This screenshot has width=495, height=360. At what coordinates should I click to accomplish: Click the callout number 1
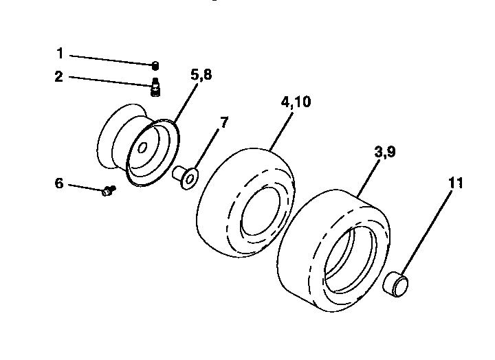[60, 53]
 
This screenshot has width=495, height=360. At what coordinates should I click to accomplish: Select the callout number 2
[60, 76]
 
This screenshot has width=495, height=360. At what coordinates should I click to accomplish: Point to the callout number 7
[223, 123]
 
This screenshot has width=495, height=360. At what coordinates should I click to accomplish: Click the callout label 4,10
[296, 102]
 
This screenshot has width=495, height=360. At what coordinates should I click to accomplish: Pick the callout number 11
[455, 183]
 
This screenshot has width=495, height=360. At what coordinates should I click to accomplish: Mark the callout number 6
[59, 183]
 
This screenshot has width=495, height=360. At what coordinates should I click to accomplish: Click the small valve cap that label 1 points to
[155, 66]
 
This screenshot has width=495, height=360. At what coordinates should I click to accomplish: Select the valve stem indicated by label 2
[155, 89]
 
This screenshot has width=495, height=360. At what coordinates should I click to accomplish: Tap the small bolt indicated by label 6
[108, 192]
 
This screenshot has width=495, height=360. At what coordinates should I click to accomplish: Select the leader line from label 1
[110, 59]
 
